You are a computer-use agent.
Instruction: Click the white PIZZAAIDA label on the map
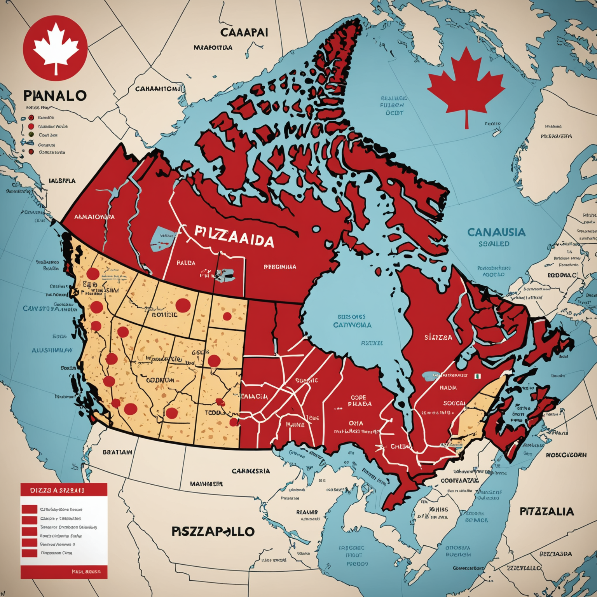pos(234,237)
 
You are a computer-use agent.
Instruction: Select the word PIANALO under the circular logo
pos(55,96)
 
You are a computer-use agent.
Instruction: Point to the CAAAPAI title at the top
pos(244,32)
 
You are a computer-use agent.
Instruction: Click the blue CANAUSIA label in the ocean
pos(496,232)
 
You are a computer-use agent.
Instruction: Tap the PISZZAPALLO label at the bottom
pos(213,531)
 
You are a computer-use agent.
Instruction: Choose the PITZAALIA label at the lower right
pos(546,511)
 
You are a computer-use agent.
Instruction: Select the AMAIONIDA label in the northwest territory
pos(94,216)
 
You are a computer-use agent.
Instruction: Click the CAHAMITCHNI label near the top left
pos(159,89)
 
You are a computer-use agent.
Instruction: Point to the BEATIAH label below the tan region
pos(117,452)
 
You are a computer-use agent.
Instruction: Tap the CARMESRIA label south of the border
pos(251,471)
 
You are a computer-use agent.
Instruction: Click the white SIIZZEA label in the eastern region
pos(438,337)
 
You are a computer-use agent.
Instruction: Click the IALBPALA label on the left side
pos(62,181)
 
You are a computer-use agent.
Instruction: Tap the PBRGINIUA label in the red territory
pos(280,267)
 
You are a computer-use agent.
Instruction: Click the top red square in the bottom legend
pos(29,509)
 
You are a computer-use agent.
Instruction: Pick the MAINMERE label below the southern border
pos(206,484)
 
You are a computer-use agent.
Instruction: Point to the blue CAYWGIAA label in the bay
pos(352,325)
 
